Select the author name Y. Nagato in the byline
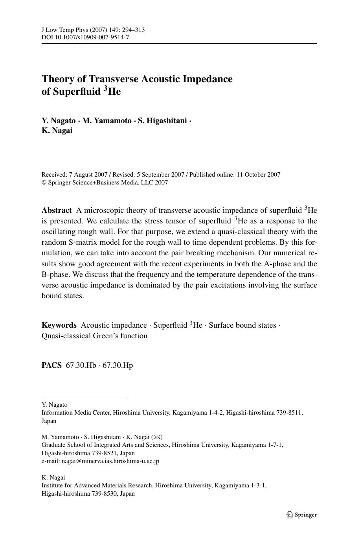(59, 120)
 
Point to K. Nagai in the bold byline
(57, 131)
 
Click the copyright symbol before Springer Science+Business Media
(44, 183)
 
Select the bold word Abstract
(57, 210)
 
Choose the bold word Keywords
(59, 325)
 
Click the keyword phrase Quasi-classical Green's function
(94, 336)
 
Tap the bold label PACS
(51, 365)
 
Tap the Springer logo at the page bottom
(301, 515)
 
